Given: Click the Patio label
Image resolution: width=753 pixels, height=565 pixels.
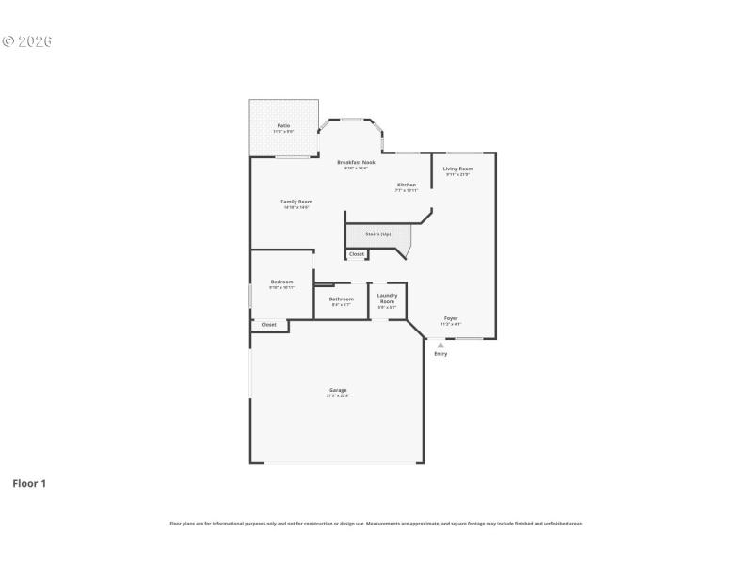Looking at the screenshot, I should point(283,125).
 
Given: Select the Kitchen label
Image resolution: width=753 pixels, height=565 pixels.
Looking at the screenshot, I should point(406,185).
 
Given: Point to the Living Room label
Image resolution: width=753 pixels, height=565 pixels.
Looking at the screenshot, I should point(458,169).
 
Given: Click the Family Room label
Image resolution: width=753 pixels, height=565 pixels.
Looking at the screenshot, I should point(296,202).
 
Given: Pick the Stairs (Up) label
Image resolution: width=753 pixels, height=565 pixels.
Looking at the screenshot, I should point(377,234).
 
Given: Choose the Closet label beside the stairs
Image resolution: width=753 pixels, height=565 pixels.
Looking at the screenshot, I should point(357,254).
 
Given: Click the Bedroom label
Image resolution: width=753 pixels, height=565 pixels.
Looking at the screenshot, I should point(282,282).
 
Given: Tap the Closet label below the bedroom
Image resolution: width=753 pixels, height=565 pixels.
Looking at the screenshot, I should point(269,324).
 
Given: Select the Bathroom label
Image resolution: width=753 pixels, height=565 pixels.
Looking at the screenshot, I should point(341,299).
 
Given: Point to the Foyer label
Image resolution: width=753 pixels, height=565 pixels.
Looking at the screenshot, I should point(451,318).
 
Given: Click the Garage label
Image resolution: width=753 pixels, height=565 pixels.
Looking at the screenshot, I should point(338,390).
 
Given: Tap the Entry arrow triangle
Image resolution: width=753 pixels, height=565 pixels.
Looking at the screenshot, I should point(440,345).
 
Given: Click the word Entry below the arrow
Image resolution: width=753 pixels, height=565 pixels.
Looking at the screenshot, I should point(441,354).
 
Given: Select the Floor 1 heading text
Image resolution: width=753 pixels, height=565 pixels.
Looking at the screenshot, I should point(29,483).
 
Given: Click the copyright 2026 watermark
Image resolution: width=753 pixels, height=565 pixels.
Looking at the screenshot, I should point(27,41).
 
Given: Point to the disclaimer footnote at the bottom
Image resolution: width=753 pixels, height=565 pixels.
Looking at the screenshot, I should point(376,523).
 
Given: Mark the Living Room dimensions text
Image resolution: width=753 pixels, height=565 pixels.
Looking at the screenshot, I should point(457,174).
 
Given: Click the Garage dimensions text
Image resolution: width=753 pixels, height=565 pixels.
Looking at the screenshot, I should point(338,395).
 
